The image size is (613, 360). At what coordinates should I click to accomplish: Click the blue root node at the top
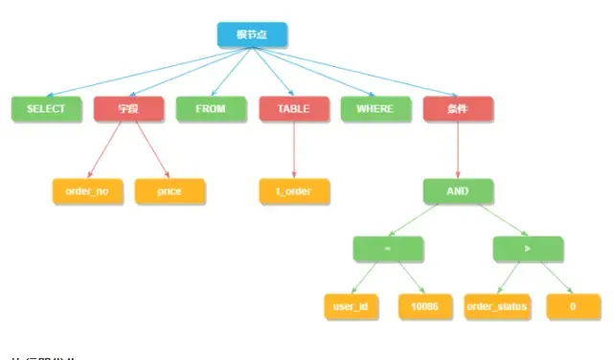coord(252,35)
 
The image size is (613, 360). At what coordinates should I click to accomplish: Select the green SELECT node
coord(46,109)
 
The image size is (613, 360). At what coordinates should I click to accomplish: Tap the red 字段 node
coord(129,109)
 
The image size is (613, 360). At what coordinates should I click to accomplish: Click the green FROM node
coord(211,109)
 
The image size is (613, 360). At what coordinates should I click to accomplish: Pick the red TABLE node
coord(293,109)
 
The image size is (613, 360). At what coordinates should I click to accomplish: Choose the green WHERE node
coord(375,109)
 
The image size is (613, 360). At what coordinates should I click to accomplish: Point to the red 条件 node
coord(457,109)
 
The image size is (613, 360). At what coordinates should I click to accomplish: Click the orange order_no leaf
coord(87,191)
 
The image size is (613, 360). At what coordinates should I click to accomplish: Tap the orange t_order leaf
coord(294,191)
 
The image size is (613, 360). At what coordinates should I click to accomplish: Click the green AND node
coord(458,191)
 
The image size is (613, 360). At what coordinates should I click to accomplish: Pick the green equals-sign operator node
coord(387,249)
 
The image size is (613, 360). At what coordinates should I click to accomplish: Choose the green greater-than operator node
coord(528,249)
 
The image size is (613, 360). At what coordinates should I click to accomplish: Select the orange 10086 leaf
coord(424,306)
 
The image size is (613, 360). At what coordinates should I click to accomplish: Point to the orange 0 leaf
coord(573,306)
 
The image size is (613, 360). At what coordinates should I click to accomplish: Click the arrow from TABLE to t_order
coord(294,150)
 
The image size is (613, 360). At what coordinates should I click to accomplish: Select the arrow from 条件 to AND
coord(458,150)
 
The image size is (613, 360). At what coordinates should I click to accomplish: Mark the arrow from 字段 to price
coord(149,150)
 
